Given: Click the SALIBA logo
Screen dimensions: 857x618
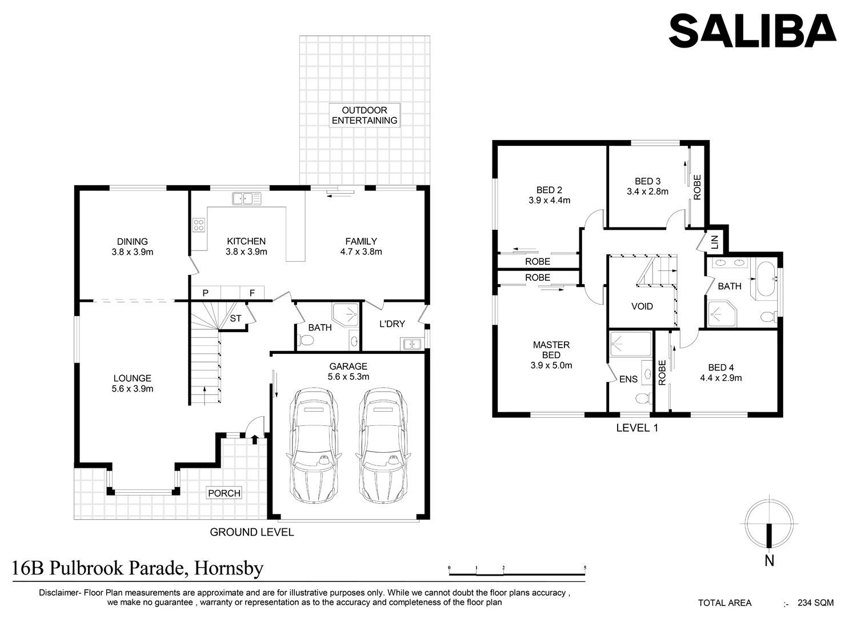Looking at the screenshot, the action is tap(752, 31).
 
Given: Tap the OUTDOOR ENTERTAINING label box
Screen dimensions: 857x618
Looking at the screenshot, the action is tap(365, 115).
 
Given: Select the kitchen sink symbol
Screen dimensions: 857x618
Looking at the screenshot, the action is tap(247, 199).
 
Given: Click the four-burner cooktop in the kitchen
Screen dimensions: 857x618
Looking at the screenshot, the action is tap(199, 225).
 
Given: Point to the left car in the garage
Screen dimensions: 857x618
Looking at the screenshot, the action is tap(314, 446).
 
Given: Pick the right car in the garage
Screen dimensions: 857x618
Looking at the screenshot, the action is tap(383, 446).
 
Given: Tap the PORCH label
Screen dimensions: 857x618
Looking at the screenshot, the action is tap(224, 493).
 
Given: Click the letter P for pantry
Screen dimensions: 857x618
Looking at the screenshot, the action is tap(206, 293).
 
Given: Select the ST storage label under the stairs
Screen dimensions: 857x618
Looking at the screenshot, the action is tap(235, 318).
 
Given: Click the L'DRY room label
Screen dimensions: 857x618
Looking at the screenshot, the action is tap(392, 324).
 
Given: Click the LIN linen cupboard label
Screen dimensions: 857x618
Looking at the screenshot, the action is tap(714, 242).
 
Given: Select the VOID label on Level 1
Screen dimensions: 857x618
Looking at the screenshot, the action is tap(642, 306).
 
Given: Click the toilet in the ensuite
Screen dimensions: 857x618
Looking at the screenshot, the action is tap(643, 399).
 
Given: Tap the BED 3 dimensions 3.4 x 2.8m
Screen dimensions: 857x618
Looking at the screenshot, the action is tap(647, 192).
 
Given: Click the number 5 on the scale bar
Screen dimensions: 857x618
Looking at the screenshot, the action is tap(585, 568).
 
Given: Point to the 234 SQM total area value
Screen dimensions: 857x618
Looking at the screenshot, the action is tap(815, 603).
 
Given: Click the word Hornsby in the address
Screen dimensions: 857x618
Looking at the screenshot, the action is tap(229, 568).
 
